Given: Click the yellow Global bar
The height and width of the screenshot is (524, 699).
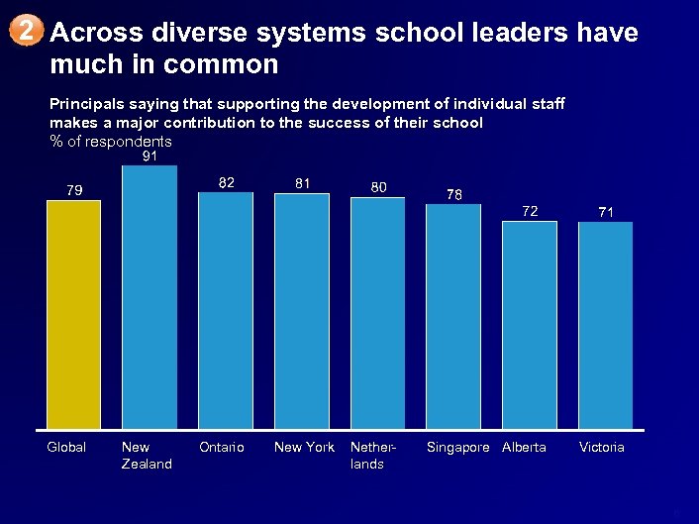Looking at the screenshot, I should tap(73, 314).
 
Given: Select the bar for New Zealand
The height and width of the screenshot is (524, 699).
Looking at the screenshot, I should tap(150, 297).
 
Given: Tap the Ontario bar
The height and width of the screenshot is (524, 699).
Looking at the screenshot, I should tap(226, 310).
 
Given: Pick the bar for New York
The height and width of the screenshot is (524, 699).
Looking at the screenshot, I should tap(302, 311).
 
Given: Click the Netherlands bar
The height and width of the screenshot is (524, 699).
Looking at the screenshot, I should tap(377, 313).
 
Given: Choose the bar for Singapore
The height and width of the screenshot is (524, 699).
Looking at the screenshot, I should tap(453, 316).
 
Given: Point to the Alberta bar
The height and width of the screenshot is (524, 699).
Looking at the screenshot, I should tap(530, 324).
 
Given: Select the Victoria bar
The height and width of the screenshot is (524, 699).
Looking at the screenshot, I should tap(606, 325).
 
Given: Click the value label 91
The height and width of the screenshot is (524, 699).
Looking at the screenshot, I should tap(150, 157).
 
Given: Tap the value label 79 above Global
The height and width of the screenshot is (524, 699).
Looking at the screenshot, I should tap(74, 190).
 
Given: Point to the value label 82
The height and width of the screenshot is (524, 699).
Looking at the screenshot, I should tap(227, 182).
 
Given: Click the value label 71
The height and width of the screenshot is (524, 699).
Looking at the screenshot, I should tap(606, 212).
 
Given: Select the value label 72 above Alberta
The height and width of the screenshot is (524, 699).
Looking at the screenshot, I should tap(531, 211).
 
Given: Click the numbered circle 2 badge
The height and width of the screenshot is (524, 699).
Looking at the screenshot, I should tap(30, 32).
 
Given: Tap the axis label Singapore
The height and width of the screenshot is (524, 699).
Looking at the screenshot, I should tap(457, 448).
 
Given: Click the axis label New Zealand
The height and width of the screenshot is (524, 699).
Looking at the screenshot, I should tap(146, 456).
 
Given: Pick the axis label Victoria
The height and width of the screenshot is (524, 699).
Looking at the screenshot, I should tap(602, 448).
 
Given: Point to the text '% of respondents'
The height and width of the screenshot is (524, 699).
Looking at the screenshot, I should tap(111, 141).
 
